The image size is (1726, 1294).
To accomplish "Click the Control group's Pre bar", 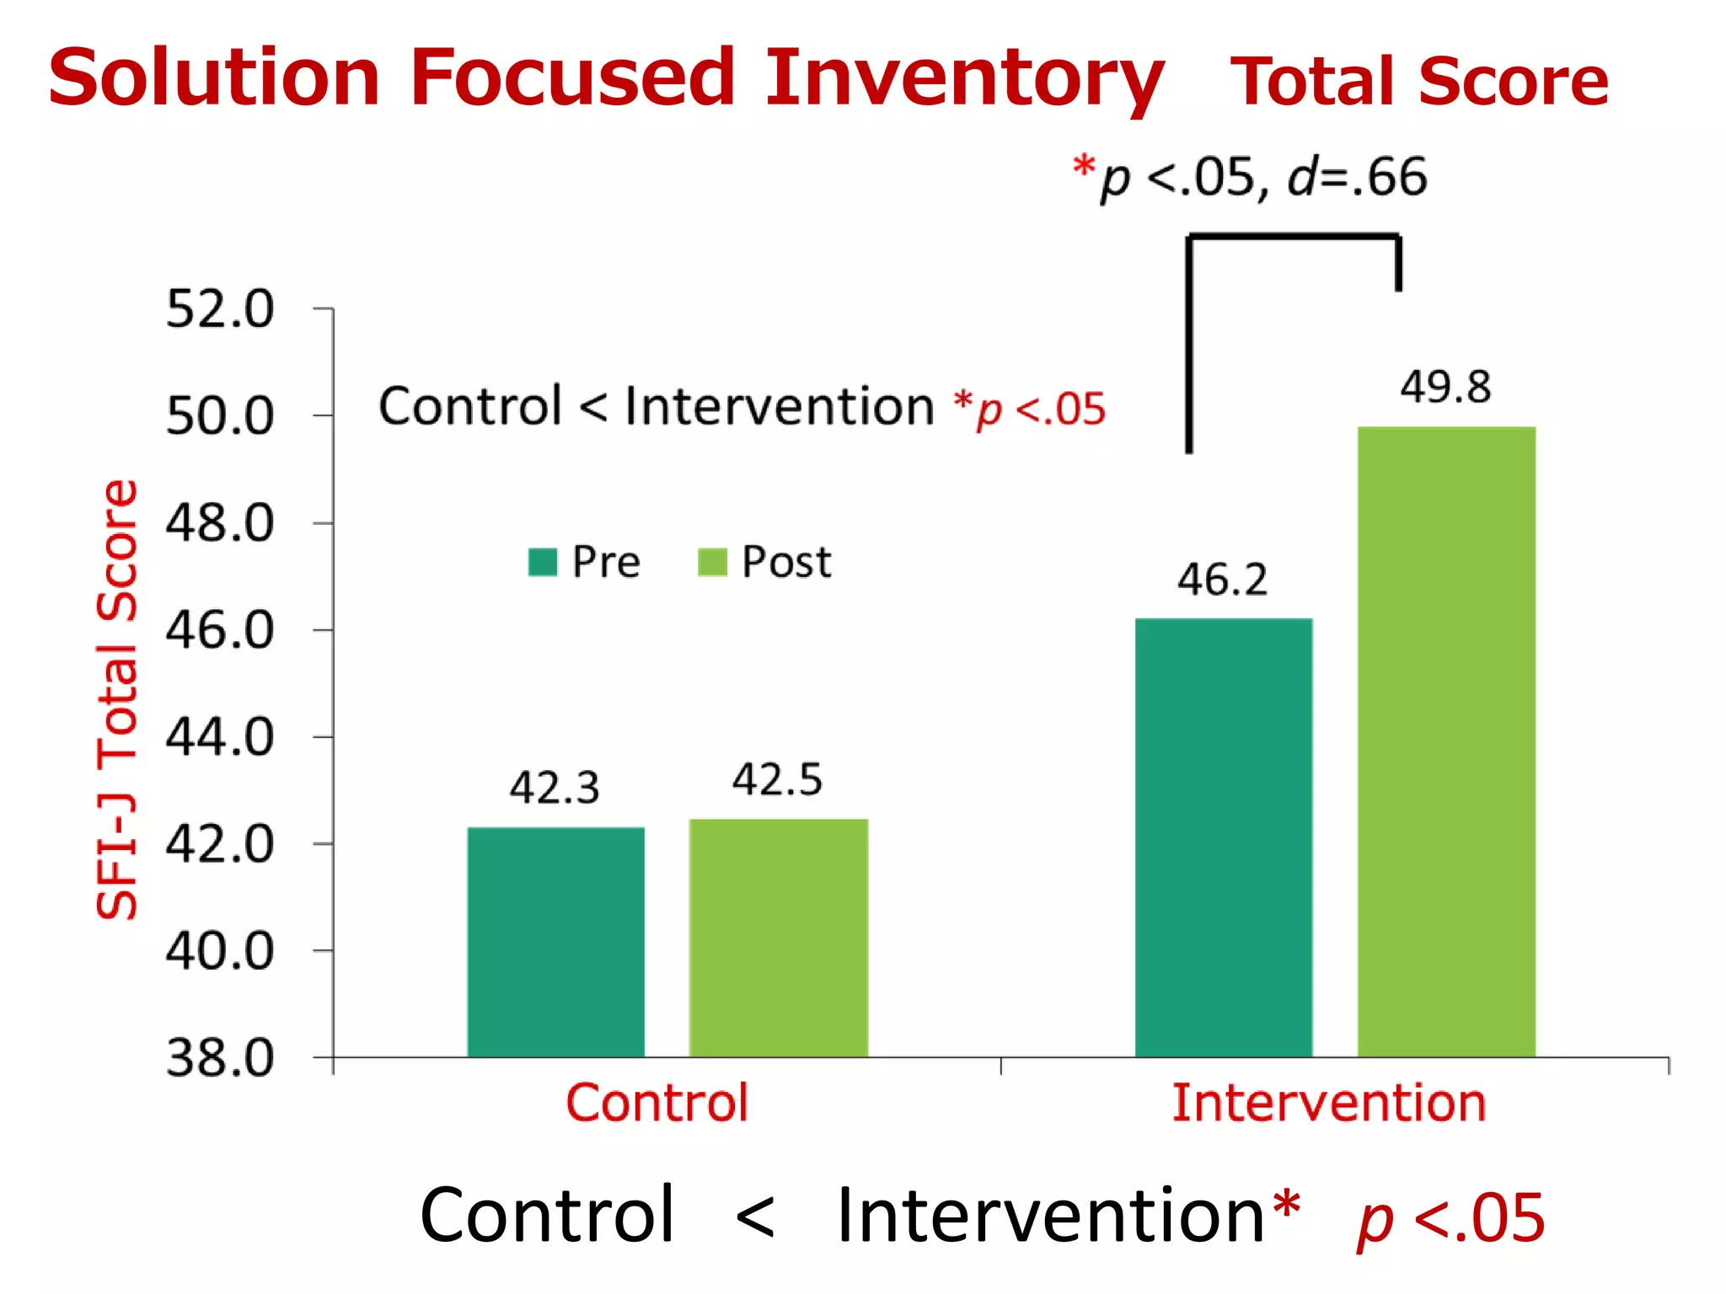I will pyautogui.click(x=556, y=942).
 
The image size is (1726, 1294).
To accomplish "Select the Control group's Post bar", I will pyautogui.click(x=778, y=938).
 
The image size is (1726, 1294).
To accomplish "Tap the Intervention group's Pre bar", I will pyautogui.click(x=1224, y=837).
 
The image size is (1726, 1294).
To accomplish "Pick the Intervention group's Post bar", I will pyautogui.click(x=1446, y=741).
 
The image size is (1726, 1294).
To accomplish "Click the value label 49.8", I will pyautogui.click(x=1445, y=388).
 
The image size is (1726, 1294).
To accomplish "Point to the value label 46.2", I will pyautogui.click(x=1222, y=580).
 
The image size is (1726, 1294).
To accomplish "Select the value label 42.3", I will pyautogui.click(x=555, y=789).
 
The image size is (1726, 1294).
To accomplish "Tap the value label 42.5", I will pyautogui.click(x=777, y=779).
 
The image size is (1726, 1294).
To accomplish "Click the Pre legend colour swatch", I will pyautogui.click(x=543, y=562).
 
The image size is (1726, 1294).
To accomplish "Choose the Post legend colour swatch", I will pyautogui.click(x=712, y=562).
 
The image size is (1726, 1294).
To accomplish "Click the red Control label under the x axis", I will pyautogui.click(x=657, y=1103).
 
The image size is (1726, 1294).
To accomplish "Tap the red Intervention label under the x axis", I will pyautogui.click(x=1329, y=1103).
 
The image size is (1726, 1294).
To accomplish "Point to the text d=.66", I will pyautogui.click(x=1358, y=178).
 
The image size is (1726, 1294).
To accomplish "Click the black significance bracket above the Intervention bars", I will pyautogui.click(x=1294, y=238).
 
